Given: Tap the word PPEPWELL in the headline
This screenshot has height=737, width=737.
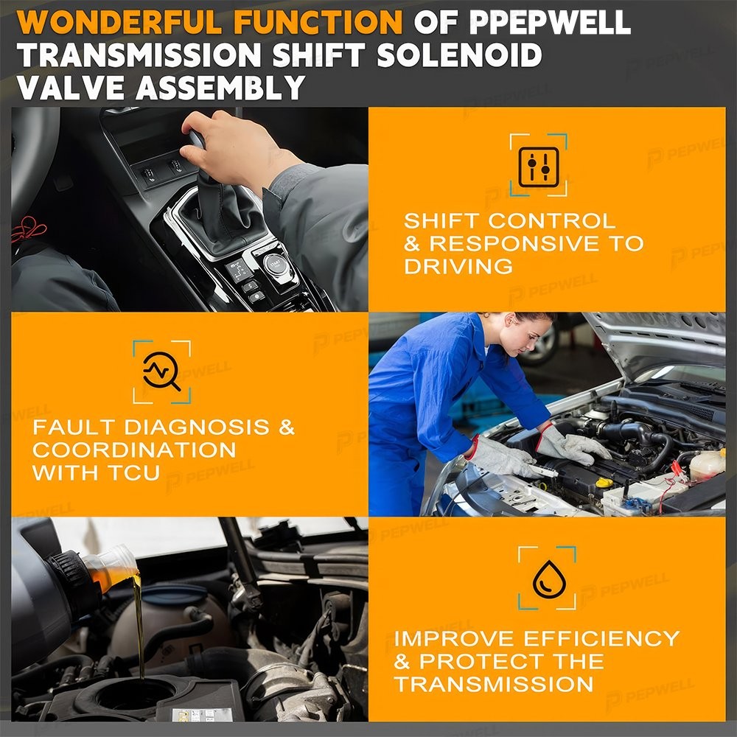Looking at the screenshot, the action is click(x=550, y=21).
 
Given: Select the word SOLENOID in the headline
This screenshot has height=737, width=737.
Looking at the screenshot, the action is click(x=460, y=55).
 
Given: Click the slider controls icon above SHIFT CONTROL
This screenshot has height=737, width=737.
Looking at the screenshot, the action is click(x=539, y=167).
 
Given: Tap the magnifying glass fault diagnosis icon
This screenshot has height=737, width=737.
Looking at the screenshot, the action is click(x=161, y=371).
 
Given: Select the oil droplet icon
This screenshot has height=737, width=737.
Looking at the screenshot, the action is click(x=547, y=579).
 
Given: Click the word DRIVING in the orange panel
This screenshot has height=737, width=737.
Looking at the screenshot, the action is click(x=458, y=267).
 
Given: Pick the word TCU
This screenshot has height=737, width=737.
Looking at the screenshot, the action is click(x=135, y=473).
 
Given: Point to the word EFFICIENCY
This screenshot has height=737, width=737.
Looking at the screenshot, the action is click(x=601, y=638).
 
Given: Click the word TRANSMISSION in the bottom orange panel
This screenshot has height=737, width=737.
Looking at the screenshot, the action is click(x=494, y=684).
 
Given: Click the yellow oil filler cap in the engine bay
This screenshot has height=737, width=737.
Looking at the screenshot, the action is click(x=604, y=482).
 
